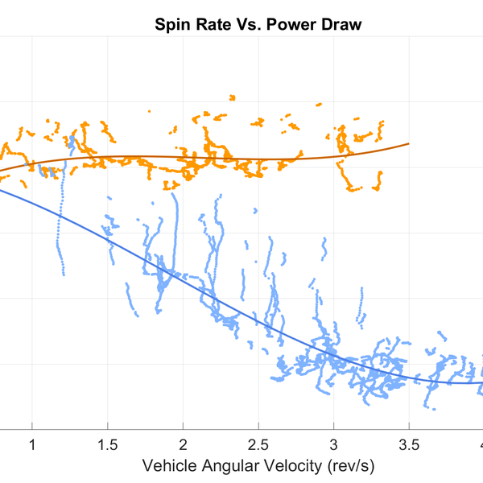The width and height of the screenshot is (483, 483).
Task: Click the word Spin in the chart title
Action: click(x=171, y=25)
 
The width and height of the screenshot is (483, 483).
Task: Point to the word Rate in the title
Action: click(x=208, y=25)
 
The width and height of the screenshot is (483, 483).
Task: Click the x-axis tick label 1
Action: click(x=32, y=445)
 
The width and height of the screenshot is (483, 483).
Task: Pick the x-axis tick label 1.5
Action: click(x=108, y=445)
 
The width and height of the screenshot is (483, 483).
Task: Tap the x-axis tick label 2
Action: click(x=183, y=445)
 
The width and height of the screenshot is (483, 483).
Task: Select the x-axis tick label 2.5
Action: click(x=258, y=445)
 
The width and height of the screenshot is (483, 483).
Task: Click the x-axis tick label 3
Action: click(x=334, y=445)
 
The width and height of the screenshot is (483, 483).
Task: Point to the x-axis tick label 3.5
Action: click(x=409, y=445)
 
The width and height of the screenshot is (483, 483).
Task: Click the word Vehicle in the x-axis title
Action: click(x=168, y=466)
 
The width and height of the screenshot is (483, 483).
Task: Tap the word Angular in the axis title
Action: click(x=227, y=466)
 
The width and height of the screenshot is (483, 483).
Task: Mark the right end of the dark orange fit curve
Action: click(x=409, y=143)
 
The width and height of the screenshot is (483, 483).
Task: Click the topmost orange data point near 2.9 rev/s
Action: click(x=320, y=104)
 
